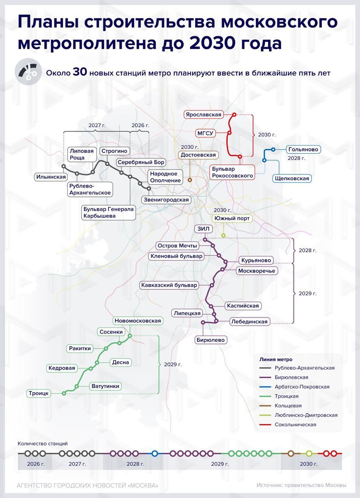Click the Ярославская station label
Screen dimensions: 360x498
[x=204, y=114]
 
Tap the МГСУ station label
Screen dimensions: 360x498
[x=205, y=133]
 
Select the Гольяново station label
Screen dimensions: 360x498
[x=303, y=149]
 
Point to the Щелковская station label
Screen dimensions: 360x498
[x=292, y=178]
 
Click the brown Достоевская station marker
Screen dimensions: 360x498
[x=190, y=180]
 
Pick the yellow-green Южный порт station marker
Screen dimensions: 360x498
[x=224, y=235]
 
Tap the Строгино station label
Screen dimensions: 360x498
[x=114, y=151]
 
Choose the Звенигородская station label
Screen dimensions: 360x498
[x=166, y=200]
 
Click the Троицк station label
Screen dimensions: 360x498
[x=38, y=393]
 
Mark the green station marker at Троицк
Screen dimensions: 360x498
[x=64, y=393]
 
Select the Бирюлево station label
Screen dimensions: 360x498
[x=211, y=340]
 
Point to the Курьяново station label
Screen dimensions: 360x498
[x=256, y=260]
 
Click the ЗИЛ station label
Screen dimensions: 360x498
[x=203, y=229]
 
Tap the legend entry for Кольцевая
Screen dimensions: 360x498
[x=280, y=405]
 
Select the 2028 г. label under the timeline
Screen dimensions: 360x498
[x=136, y=464]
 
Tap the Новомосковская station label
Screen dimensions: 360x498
[x=138, y=321]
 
